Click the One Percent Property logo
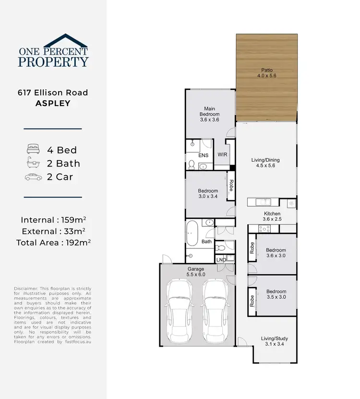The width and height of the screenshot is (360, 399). tap(53, 51)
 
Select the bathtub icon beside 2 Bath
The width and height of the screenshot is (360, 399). tap(32, 163)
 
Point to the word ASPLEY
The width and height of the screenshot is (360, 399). tap(53, 104)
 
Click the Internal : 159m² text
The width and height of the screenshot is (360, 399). tap(53, 220)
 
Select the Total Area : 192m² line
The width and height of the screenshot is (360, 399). tap(53, 242)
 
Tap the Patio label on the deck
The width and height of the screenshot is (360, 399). tap(266, 73)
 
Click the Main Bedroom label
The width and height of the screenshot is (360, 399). tap(209, 114)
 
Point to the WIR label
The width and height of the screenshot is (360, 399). tap(222, 154)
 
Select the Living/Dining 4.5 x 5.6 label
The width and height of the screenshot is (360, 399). tap(265, 163)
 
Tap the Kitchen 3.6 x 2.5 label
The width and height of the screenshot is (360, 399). tap(272, 216)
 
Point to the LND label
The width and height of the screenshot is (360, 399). tap(221, 259)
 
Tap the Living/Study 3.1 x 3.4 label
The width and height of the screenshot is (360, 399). tap(274, 341)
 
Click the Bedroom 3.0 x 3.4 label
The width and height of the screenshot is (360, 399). tap(208, 193)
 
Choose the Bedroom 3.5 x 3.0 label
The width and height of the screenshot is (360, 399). tap(276, 294)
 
